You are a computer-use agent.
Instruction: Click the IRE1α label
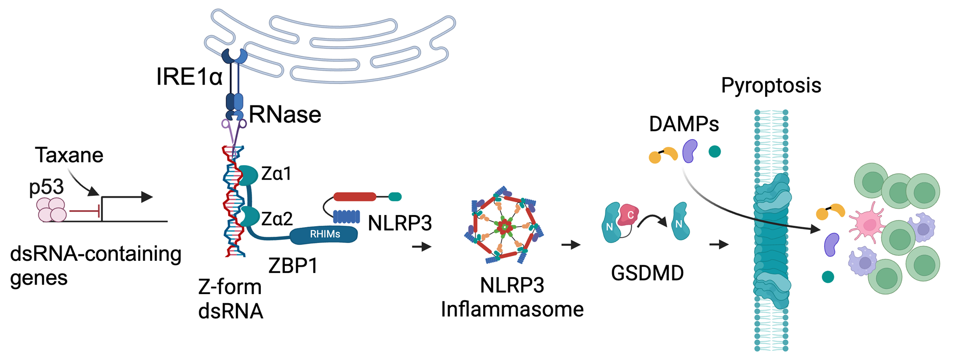pyautogui.click(x=189, y=77)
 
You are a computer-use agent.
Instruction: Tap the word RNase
pyautogui.click(x=285, y=115)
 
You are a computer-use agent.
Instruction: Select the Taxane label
pyautogui.click(x=69, y=155)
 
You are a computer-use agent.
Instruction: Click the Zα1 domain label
pyautogui.click(x=276, y=174)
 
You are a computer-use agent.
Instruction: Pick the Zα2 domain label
pyautogui.click(x=277, y=219)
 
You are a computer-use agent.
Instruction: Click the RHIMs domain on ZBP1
pyautogui.click(x=324, y=234)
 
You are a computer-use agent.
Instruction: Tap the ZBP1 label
pyautogui.click(x=293, y=266)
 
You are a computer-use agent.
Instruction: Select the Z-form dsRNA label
pyautogui.click(x=230, y=299)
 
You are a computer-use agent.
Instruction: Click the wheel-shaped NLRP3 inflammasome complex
pyautogui.click(x=504, y=225)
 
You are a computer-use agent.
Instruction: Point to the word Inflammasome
pyautogui.click(x=512, y=309)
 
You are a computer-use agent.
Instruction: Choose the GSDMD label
pyautogui.click(x=647, y=273)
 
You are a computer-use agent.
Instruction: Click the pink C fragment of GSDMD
pyautogui.click(x=629, y=215)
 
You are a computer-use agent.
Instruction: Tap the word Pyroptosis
pyautogui.click(x=771, y=86)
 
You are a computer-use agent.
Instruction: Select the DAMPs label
pyautogui.click(x=684, y=124)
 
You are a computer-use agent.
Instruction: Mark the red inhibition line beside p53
pyautogui.click(x=85, y=211)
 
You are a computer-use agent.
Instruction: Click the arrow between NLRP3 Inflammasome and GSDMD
pyautogui.click(x=571, y=245)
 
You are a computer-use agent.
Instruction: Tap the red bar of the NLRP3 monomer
pyautogui.click(x=355, y=196)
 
